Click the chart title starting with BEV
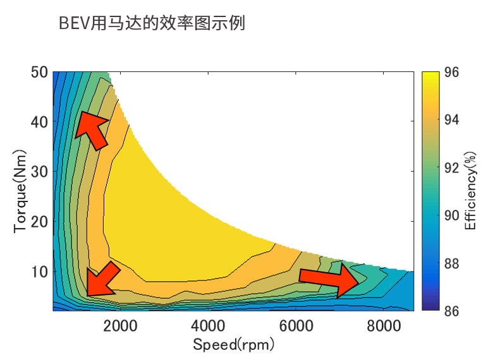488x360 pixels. click(x=152, y=23)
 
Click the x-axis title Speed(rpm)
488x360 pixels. click(x=235, y=345)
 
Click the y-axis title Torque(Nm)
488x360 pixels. click(x=21, y=191)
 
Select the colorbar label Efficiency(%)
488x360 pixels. click(x=470, y=191)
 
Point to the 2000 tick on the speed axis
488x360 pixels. click(x=121, y=326)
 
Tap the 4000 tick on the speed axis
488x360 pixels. click(x=209, y=326)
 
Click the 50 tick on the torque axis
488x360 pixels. click(x=39, y=72)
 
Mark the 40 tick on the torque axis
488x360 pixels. click(x=39, y=121)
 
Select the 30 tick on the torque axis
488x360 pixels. click(x=39, y=171)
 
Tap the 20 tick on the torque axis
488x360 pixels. click(x=39, y=222)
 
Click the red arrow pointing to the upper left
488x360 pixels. click(x=92, y=129)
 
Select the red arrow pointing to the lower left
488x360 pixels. click(x=103, y=279)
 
